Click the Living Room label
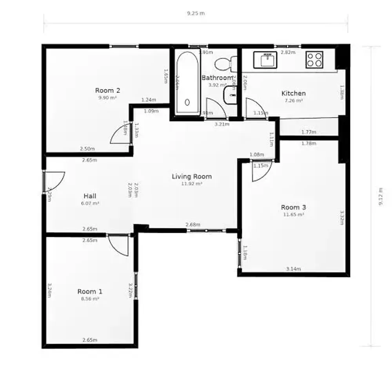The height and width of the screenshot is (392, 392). tap(192, 176)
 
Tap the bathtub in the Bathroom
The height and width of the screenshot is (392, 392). tap(187, 82)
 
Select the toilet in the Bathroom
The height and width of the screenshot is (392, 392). tap(227, 63)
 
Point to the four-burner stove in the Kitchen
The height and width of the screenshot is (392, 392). tap(314, 60)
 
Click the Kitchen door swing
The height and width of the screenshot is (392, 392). tap(256, 108)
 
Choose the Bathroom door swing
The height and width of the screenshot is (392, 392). tap(215, 108)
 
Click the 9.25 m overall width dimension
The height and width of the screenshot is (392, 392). tap(196, 13)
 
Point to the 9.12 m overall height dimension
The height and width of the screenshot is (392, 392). tap(381, 196)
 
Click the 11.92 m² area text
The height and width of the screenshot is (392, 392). tap(192, 183)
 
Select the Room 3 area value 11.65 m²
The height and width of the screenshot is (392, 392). tap(294, 214)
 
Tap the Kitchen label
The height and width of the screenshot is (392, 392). tap(294, 93)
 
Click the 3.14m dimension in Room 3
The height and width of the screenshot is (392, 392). tap(294, 269)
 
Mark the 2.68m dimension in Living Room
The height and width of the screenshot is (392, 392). tap(193, 225)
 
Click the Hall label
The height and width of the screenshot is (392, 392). tap(90, 196)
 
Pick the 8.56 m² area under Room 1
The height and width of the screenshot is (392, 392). tap(90, 298)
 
